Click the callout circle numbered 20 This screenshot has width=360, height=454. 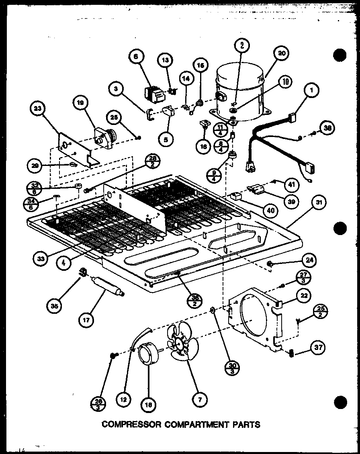point(282,53)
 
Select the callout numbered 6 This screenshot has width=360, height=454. point(135,57)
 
